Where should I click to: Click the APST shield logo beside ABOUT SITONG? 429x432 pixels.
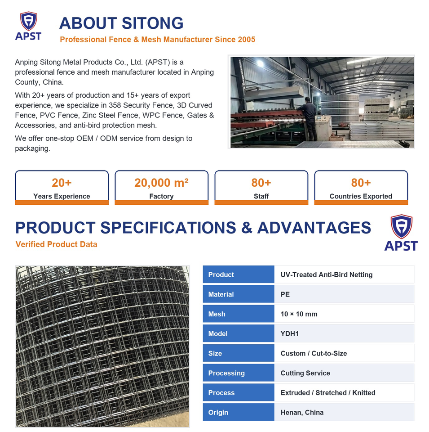click(28, 26)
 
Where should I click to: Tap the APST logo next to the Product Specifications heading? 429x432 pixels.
click(401, 233)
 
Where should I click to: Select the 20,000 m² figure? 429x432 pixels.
click(161, 183)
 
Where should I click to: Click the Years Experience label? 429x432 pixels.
click(62, 196)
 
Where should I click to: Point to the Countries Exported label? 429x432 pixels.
click(361, 196)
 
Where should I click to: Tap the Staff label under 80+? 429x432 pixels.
click(261, 196)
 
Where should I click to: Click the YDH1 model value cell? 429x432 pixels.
click(344, 333)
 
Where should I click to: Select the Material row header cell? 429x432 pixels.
click(239, 294)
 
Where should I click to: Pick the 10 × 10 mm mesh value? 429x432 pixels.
click(299, 314)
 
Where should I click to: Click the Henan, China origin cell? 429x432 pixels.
click(344, 413)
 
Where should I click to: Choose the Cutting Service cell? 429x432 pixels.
click(344, 373)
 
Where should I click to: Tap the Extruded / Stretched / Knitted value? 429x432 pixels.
click(328, 392)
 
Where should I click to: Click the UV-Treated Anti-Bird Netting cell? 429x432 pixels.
click(344, 274)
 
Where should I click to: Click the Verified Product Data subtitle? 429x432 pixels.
click(56, 244)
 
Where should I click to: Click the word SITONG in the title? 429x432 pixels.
click(152, 23)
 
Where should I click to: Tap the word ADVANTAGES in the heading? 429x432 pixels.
click(314, 228)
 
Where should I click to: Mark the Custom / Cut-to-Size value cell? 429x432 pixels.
click(344, 353)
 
